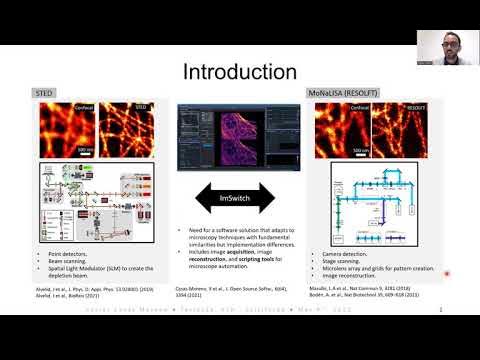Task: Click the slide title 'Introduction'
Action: [239, 72]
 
